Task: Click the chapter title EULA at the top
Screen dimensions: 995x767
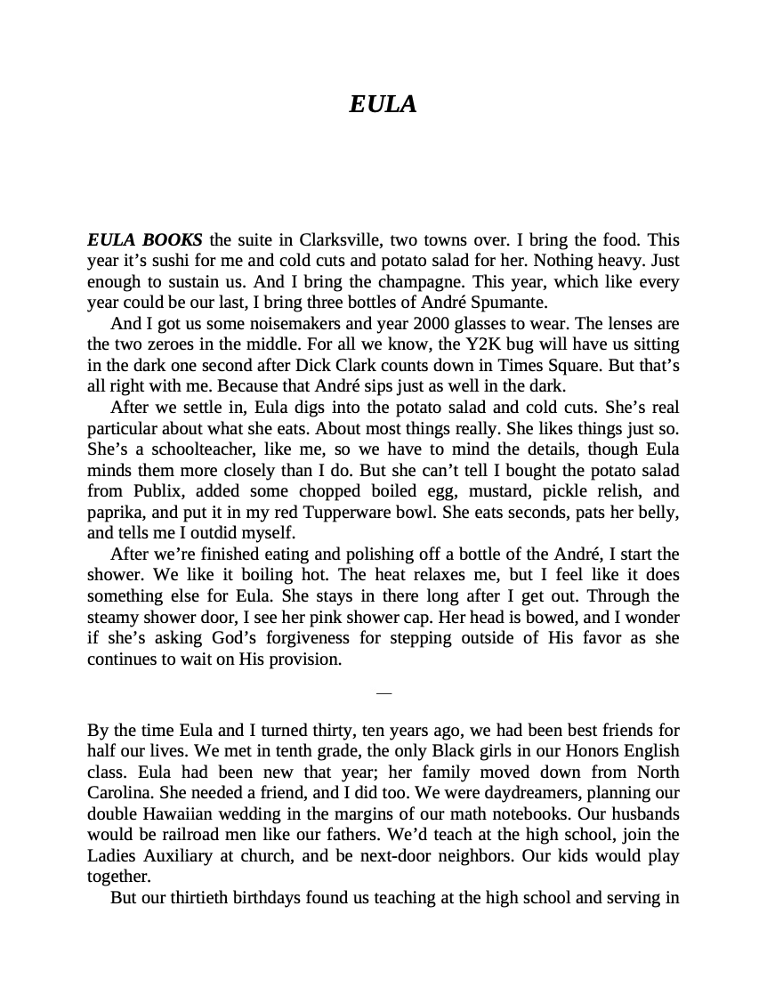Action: click(x=383, y=104)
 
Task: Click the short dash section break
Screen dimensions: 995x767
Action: click(x=383, y=692)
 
